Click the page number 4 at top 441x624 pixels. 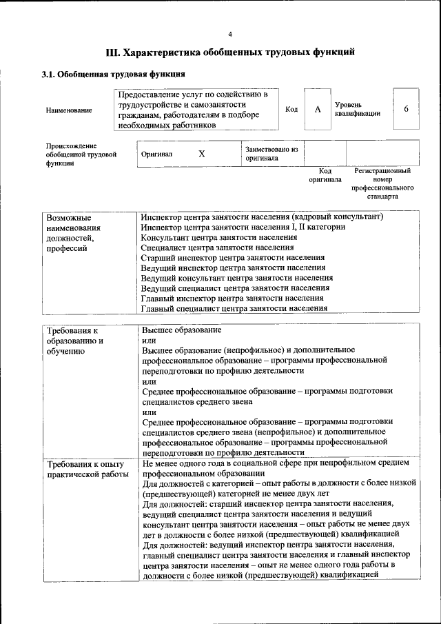click(x=230, y=34)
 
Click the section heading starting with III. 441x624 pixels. click(x=230, y=52)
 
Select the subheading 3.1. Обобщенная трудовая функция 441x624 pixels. click(x=112, y=74)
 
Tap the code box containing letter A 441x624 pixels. click(x=318, y=110)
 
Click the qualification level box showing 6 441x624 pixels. click(x=406, y=110)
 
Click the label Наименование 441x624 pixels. click(x=69, y=110)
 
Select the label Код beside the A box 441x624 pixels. click(x=291, y=110)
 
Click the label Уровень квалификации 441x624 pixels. click(x=357, y=109)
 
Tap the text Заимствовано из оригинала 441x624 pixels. click(x=271, y=153)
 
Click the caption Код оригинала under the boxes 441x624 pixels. click(x=326, y=174)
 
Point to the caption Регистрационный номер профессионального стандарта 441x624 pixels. click(x=382, y=183)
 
